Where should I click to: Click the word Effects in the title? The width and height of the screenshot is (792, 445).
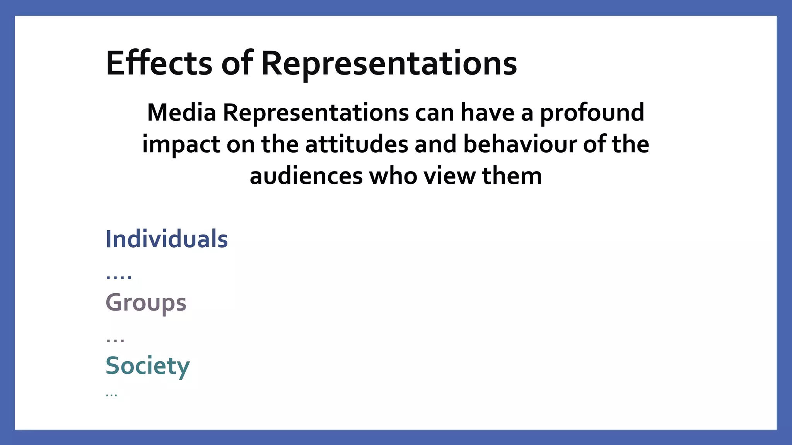(x=159, y=63)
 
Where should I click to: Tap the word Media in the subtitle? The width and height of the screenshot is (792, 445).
(x=181, y=112)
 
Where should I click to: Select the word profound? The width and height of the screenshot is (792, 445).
(x=592, y=114)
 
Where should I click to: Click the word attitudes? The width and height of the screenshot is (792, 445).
(x=356, y=144)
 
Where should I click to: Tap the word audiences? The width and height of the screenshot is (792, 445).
(x=306, y=176)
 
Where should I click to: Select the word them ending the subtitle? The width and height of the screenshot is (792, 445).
(x=512, y=176)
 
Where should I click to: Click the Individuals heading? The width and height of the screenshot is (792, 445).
(x=167, y=239)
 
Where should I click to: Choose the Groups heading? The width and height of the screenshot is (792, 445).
(x=146, y=303)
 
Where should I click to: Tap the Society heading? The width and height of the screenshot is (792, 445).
(x=148, y=366)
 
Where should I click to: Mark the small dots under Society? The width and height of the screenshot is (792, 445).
(x=111, y=395)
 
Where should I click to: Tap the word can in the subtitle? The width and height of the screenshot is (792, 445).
(x=434, y=112)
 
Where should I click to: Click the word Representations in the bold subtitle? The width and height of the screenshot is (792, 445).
(x=316, y=113)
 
